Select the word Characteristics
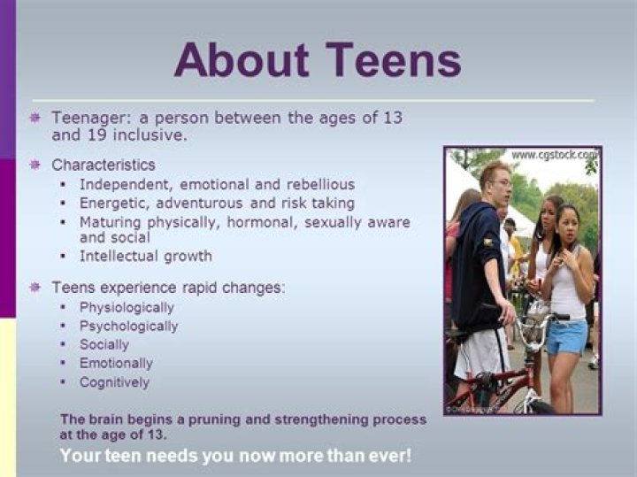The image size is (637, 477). click(104, 165)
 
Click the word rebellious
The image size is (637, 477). click(314, 184)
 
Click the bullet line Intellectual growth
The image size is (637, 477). click(146, 256)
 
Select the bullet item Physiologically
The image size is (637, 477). click(127, 307)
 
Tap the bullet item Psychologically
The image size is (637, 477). click(128, 326)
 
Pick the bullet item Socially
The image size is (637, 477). click(104, 344)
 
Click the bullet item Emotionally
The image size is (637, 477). click(116, 363)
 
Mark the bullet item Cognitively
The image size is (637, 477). click(114, 382)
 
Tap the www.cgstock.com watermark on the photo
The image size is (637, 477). click(554, 155)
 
